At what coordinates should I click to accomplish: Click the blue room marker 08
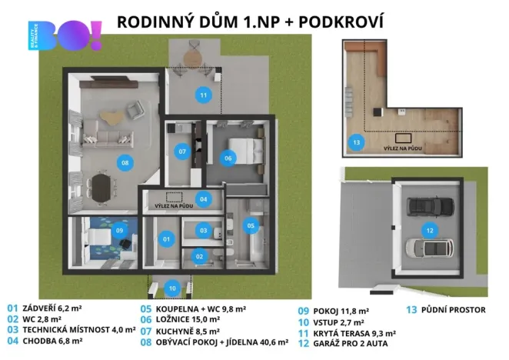click(x=124, y=162)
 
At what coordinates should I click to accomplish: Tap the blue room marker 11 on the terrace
click(x=203, y=95)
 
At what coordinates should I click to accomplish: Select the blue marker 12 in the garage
click(x=429, y=229)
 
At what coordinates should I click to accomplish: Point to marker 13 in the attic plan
click(x=355, y=142)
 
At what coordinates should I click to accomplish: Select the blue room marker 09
click(x=119, y=230)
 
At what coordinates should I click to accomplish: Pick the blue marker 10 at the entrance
click(x=173, y=288)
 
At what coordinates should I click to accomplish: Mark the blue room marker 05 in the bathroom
click(x=251, y=225)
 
